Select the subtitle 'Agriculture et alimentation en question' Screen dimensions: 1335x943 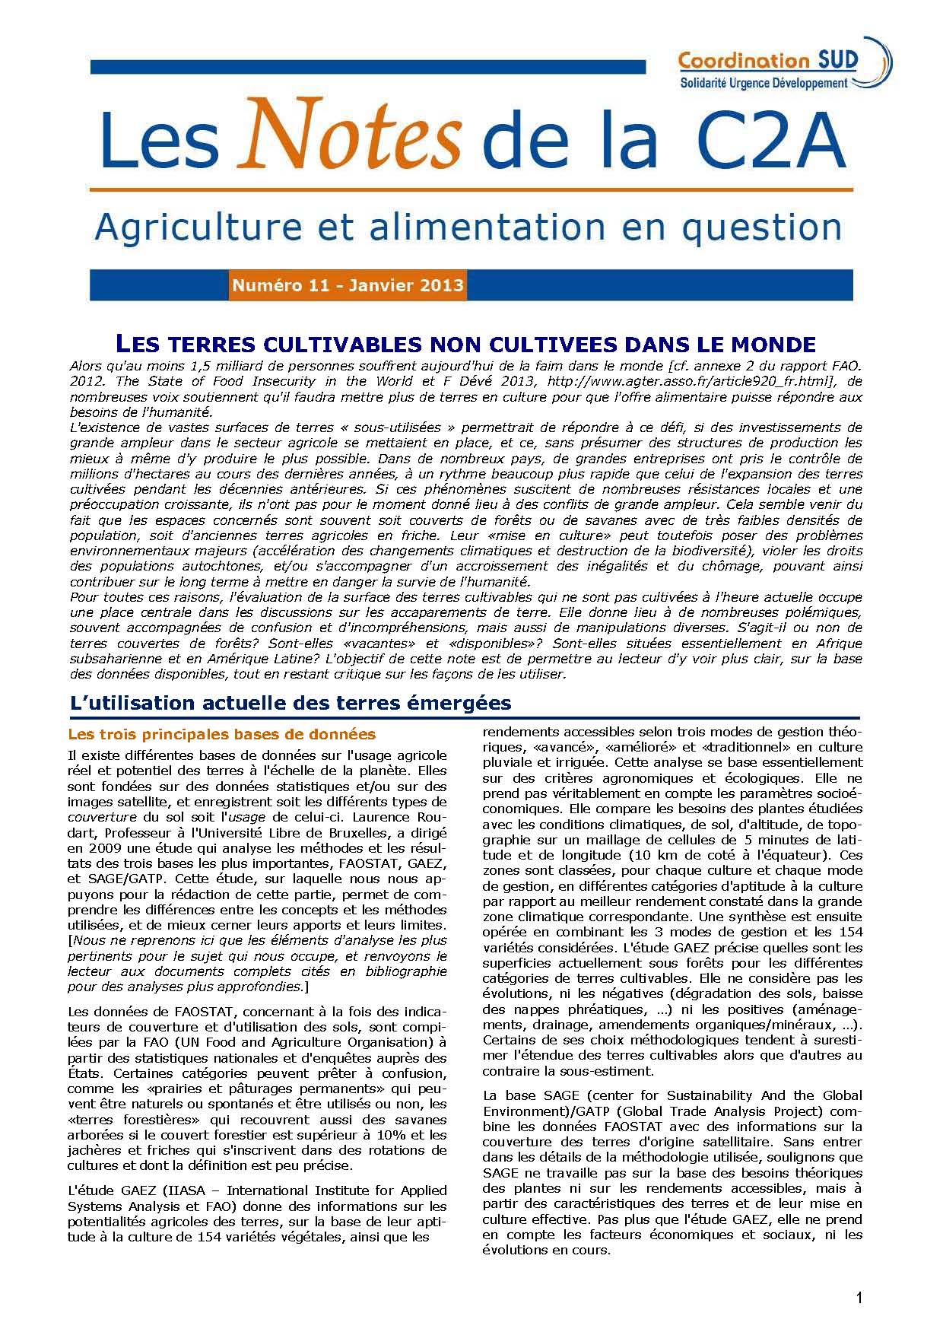pyautogui.click(x=468, y=226)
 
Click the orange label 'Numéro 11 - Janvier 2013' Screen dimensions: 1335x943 pyautogui.click(x=348, y=286)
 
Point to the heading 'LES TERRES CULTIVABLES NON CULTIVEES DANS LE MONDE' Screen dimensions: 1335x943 pyautogui.click(x=464, y=343)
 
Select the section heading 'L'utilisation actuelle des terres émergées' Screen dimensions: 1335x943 pyautogui.click(x=290, y=703)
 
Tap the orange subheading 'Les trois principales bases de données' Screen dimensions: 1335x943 pyautogui.click(x=221, y=735)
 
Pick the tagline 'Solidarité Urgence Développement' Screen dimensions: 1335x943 pyautogui.click(x=763, y=83)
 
